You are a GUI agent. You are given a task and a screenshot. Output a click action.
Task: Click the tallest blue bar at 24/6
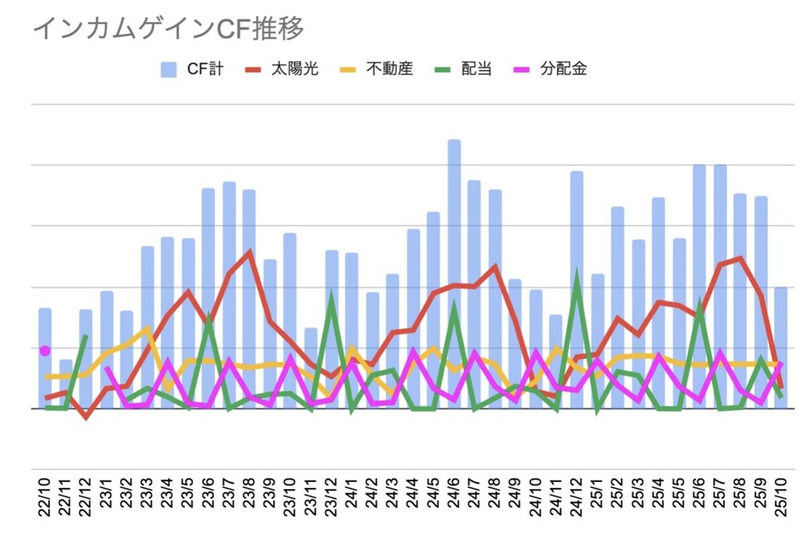pos(454,273)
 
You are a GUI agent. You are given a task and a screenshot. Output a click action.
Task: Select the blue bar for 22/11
pos(66,384)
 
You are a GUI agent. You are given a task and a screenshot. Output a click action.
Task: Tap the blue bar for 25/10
pos(781,347)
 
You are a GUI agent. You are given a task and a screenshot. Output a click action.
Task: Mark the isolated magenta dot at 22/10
pos(45,351)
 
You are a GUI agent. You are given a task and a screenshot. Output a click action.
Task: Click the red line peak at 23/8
pos(249,252)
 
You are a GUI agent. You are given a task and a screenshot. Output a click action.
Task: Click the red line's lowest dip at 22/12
pos(86,417)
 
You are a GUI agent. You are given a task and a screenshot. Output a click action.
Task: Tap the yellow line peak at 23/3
pos(148,328)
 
